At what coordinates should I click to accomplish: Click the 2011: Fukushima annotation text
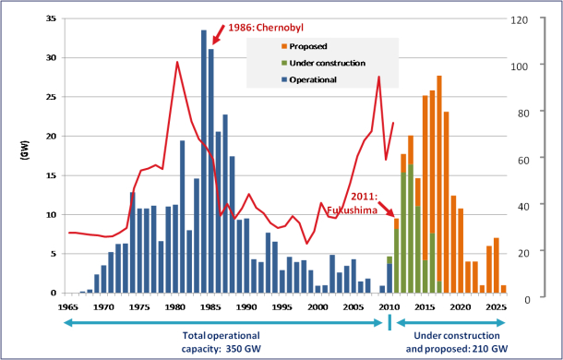click(363, 204)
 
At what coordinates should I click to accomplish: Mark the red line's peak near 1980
click(176, 62)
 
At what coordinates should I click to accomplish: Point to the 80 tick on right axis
click(522, 112)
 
